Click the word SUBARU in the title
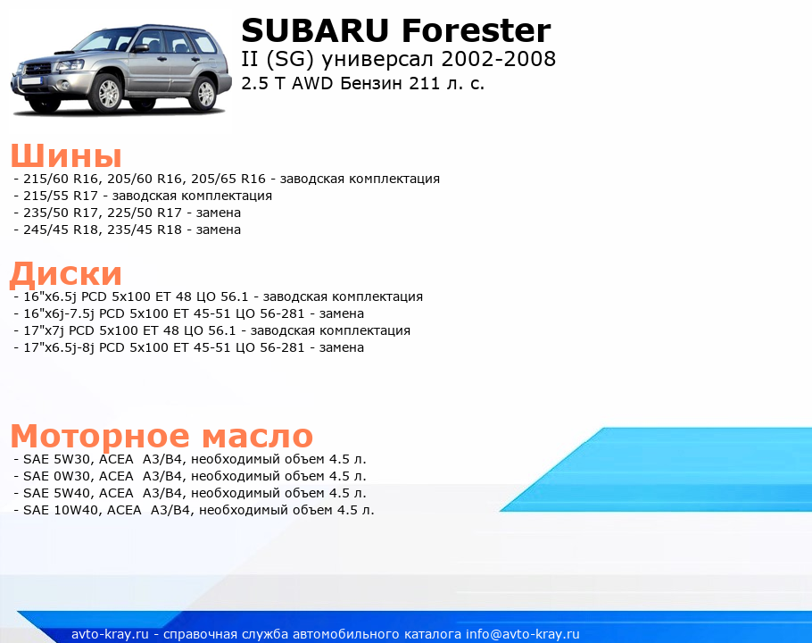coord(315,30)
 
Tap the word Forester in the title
coord(476,30)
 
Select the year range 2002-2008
coord(498,59)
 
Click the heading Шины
coord(66,154)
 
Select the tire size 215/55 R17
coord(61,196)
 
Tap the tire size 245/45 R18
coord(61,230)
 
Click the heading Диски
coord(66,273)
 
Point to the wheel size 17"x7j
coord(44,330)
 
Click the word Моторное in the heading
coord(100,436)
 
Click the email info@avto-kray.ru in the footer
coord(523,634)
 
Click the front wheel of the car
coord(108,94)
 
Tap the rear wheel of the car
coord(204,94)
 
